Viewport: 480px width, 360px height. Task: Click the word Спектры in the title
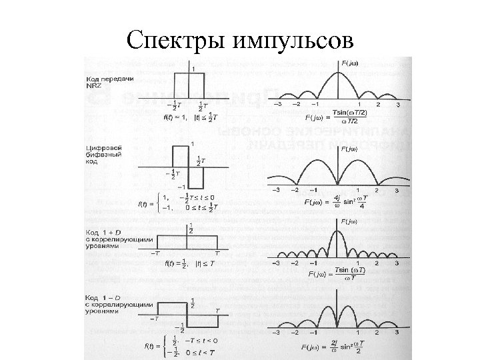[x=176, y=41]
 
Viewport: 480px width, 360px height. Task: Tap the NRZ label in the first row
[x=93, y=86]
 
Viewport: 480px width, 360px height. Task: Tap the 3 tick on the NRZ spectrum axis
[x=399, y=105]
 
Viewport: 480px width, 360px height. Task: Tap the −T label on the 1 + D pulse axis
[x=155, y=253]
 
